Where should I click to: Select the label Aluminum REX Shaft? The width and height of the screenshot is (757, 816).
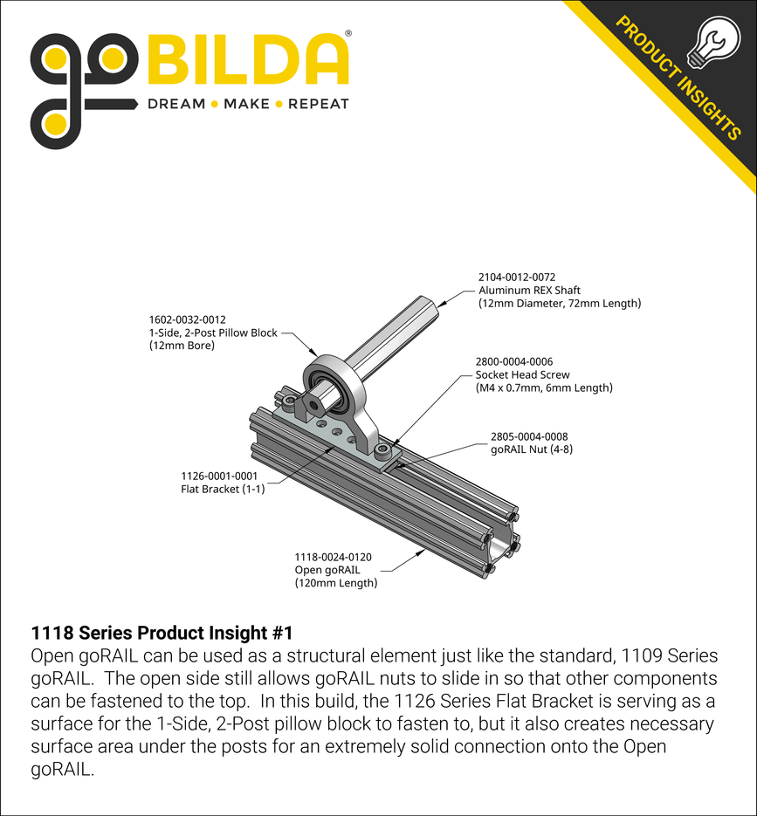[529, 290]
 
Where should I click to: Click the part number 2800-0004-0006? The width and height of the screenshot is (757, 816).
[514, 361]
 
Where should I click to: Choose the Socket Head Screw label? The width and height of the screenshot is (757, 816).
[522, 374]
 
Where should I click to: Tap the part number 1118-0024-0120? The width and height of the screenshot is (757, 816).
[333, 557]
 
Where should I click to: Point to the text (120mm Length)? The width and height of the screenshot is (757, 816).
[335, 582]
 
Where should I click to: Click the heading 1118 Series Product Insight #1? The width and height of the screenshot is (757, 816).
[162, 633]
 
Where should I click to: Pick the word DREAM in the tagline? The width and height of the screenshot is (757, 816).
[176, 104]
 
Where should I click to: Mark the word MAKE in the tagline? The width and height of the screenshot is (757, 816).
[247, 104]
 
